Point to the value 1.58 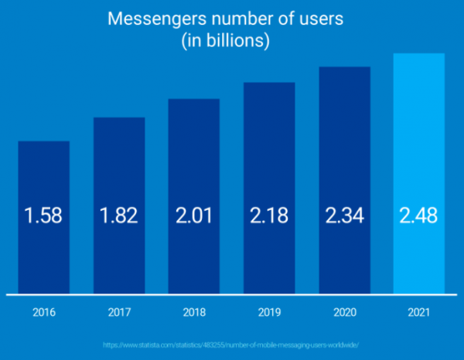(x=44, y=216)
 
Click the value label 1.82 (x=119, y=216)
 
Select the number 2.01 (x=194, y=216)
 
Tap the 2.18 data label (x=269, y=216)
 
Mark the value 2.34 (x=344, y=216)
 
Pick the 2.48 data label (x=419, y=216)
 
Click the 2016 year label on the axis (x=44, y=314)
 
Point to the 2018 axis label (x=194, y=314)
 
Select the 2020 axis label (x=344, y=314)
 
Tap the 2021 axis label (x=419, y=314)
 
